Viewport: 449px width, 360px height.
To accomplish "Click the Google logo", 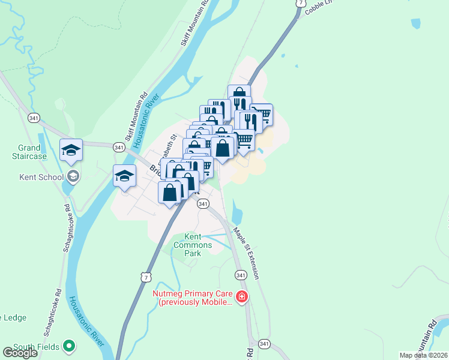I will pos(20,353).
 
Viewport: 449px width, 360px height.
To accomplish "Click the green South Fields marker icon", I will pos(69,346).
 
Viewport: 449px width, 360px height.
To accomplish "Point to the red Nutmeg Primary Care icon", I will pos(241,296).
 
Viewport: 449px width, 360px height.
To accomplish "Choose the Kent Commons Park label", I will pos(193,245).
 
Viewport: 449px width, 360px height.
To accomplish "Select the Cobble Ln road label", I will pos(318,7).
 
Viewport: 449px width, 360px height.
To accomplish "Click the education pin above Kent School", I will pos(71,151).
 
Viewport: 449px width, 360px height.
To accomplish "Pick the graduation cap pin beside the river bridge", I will pos(124,176).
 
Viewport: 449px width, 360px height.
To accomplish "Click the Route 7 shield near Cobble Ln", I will pos(299,4).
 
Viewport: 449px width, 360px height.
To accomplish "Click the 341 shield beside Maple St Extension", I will pos(241,275).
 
